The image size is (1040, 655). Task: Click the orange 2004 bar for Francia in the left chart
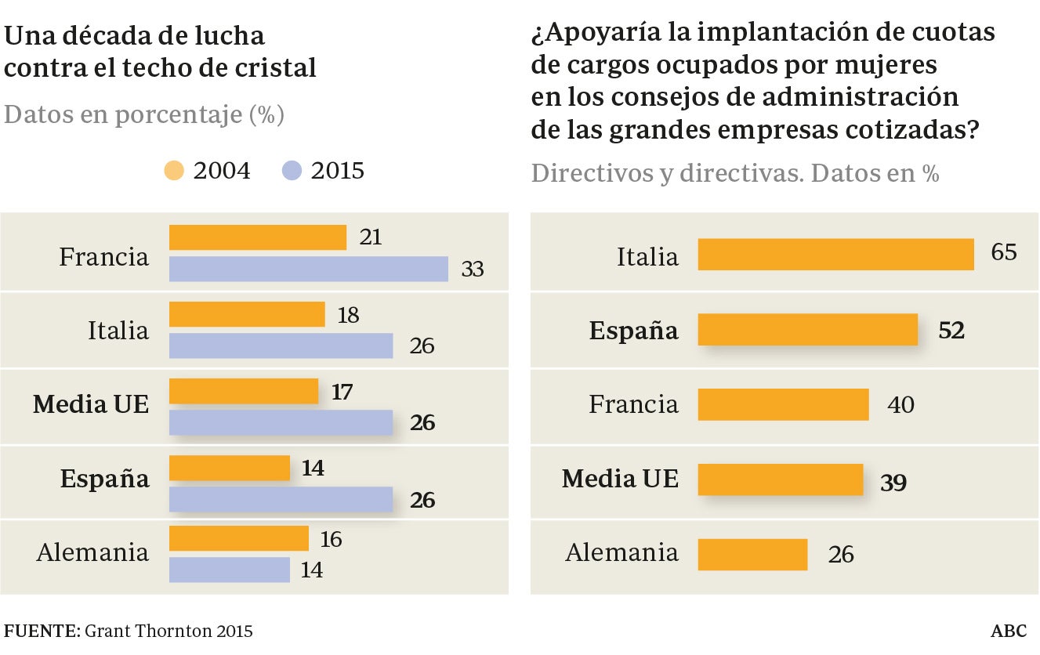258,237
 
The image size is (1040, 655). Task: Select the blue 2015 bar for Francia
309,269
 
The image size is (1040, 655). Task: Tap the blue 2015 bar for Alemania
230,570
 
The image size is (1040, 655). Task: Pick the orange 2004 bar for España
230,469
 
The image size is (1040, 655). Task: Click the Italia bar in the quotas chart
835,255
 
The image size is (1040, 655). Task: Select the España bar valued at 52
807,330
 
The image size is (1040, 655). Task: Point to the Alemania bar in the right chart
752,555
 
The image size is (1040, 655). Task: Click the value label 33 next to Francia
473,270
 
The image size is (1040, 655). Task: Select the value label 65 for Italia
1003,252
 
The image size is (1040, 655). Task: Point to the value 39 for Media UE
893,482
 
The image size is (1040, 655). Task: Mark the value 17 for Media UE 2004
342,392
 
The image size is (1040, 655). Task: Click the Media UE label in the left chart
91,405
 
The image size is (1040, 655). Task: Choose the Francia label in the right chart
633,405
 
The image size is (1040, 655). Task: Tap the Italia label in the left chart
118,331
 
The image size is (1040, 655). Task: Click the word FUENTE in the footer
39,631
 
